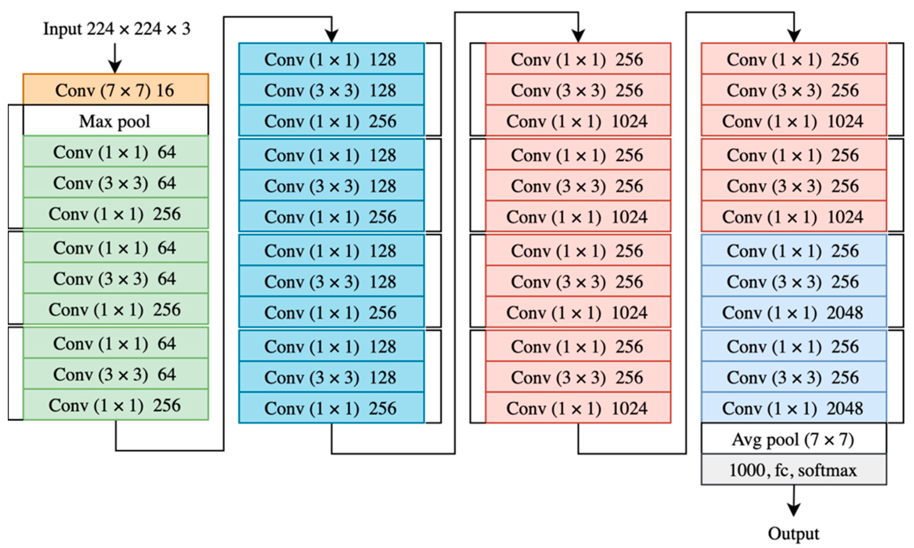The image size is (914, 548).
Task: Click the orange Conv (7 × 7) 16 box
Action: tap(115, 90)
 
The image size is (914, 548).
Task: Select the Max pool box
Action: tap(115, 121)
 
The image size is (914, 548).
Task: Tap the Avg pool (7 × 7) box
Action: tap(793, 439)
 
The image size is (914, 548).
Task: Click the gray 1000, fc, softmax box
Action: tap(793, 470)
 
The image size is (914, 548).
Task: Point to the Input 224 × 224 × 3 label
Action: tap(116, 29)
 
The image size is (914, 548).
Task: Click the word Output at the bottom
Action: tap(793, 534)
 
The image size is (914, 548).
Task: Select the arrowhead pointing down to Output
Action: tap(793, 509)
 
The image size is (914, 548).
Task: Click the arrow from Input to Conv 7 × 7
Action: tap(115, 59)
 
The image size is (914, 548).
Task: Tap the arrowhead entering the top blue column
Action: tap(331, 36)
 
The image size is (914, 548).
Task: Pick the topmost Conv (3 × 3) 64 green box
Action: tap(115, 183)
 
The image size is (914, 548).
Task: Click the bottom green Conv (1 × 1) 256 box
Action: tap(115, 405)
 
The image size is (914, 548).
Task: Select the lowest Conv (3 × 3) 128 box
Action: tap(331, 377)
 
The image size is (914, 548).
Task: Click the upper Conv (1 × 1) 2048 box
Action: tap(793, 312)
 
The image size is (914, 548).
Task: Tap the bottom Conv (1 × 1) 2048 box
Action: tap(793, 408)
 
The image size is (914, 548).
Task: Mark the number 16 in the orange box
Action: tap(165, 90)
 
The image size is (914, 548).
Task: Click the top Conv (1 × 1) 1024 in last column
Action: tap(793, 121)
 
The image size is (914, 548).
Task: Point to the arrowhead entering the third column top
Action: tap(578, 36)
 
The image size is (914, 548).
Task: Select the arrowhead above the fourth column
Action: tap(793, 36)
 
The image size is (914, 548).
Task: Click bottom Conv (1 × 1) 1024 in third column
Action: tap(577, 408)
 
